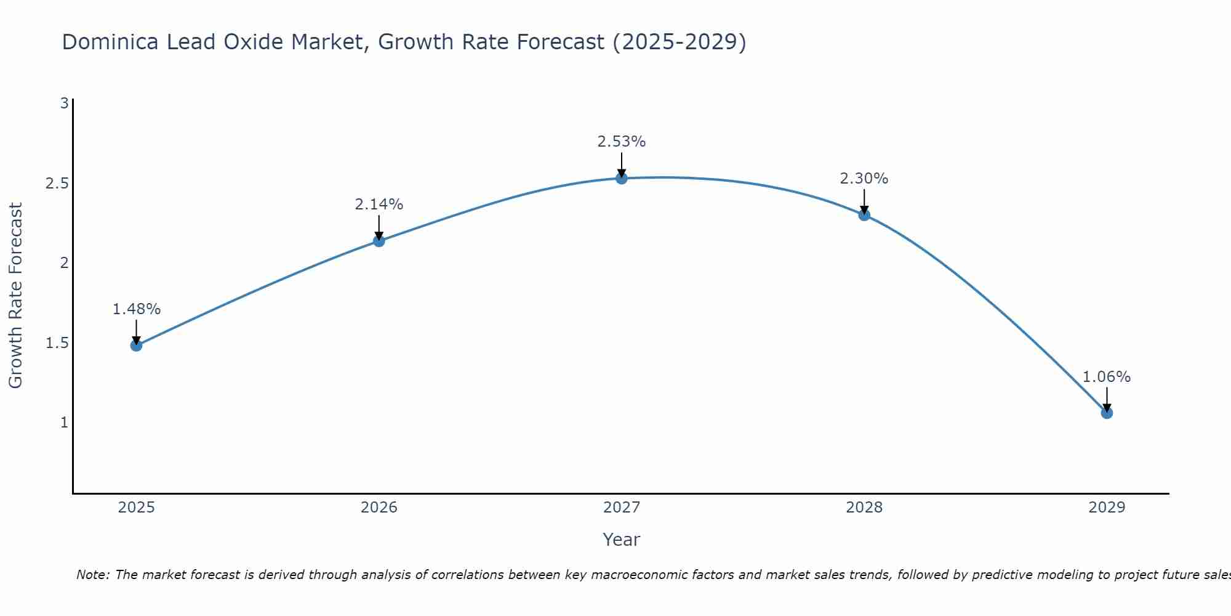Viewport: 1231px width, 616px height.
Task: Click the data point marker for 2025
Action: tap(137, 346)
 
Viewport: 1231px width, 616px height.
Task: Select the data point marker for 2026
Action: tap(379, 241)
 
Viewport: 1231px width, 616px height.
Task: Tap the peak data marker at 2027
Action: tap(622, 179)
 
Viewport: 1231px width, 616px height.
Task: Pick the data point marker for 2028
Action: tap(864, 215)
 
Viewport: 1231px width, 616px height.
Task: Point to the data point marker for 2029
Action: tap(1107, 413)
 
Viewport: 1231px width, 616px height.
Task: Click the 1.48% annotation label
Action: tap(137, 309)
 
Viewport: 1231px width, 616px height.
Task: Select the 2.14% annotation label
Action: tap(379, 205)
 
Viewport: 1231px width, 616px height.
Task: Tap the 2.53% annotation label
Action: tap(622, 142)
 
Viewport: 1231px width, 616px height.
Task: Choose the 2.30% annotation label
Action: tap(864, 179)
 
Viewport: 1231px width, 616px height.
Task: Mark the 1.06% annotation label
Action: tap(1107, 377)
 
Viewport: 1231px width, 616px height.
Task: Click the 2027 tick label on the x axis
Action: tap(622, 508)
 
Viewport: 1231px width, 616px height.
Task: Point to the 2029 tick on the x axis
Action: tap(1107, 508)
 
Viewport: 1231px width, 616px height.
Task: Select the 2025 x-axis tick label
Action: tap(137, 508)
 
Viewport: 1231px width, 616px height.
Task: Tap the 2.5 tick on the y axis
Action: tap(57, 184)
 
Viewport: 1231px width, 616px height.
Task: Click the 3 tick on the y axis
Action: tap(64, 103)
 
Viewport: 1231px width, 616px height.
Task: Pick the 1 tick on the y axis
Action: tap(64, 423)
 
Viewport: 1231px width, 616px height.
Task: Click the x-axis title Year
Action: tap(622, 540)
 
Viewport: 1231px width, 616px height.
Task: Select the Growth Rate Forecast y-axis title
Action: tap(16, 296)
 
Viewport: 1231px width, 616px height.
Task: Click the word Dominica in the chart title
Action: tap(109, 42)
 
